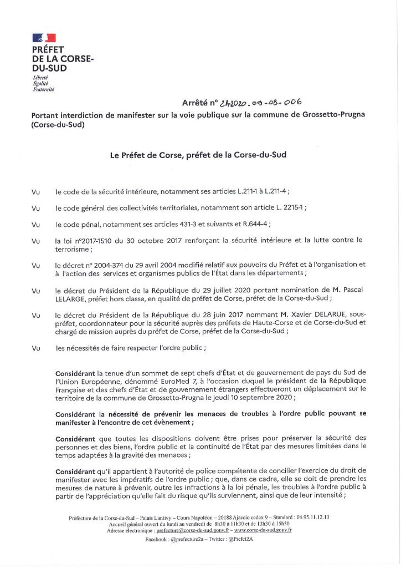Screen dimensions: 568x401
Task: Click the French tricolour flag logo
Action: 44,38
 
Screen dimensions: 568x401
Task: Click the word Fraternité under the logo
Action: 44,89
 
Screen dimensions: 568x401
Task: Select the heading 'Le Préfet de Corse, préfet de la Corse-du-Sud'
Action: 198,155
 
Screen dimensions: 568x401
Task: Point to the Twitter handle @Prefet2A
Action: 239,539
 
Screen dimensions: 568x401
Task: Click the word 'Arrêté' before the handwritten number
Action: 198,103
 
